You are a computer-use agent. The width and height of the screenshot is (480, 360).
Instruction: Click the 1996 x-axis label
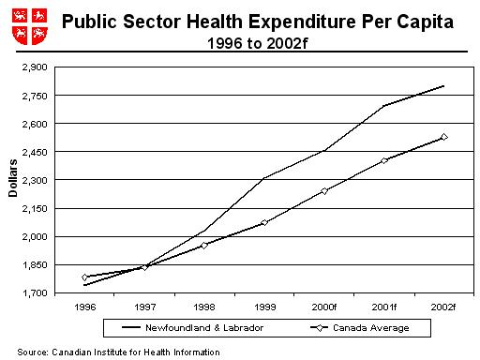[84, 306]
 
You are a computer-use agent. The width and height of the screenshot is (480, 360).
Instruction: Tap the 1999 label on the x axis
[264, 306]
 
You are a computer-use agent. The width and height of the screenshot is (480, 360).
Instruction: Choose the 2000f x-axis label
[324, 306]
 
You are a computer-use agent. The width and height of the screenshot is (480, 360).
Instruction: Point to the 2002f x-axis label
[443, 306]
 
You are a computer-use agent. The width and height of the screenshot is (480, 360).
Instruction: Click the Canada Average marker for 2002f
[443, 137]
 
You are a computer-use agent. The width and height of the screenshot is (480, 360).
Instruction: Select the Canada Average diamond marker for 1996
[84, 277]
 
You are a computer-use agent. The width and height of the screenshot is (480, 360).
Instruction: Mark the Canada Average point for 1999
[264, 222]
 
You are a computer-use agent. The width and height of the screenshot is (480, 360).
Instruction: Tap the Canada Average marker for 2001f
[384, 160]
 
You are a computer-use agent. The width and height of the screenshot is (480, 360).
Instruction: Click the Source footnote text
[118, 352]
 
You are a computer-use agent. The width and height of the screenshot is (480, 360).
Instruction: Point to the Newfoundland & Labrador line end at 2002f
[443, 86]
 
